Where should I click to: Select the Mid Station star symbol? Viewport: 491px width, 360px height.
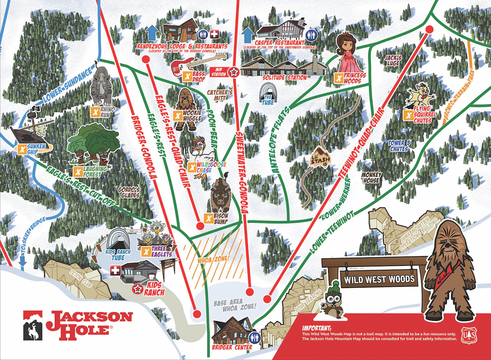point(233,72)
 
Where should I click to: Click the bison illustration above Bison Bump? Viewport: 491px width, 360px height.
point(221,197)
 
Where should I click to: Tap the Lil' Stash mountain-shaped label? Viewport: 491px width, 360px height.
point(315,160)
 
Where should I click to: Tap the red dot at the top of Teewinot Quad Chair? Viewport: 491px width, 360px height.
point(429,29)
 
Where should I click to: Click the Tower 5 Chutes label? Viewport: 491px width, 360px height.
point(399,146)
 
